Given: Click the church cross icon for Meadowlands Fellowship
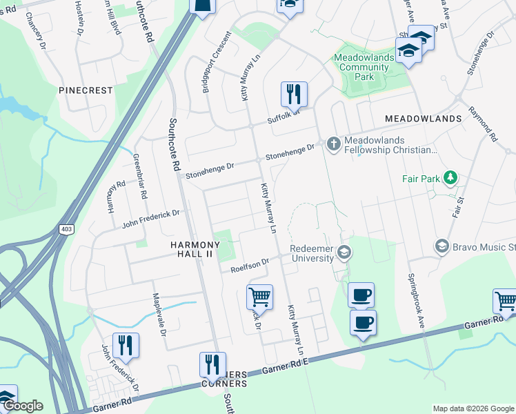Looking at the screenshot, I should coord(333,144).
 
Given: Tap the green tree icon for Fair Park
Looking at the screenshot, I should coord(450,179).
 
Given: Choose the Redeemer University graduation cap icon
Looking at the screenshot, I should coord(343,253).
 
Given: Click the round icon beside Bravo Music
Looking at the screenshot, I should coord(442,246).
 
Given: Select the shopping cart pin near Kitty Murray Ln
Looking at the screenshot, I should coord(259,297).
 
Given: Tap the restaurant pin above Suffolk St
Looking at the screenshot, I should coord(294,93).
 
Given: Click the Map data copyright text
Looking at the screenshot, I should coord(473,408).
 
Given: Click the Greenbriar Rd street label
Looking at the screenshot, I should coord(140,177).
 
